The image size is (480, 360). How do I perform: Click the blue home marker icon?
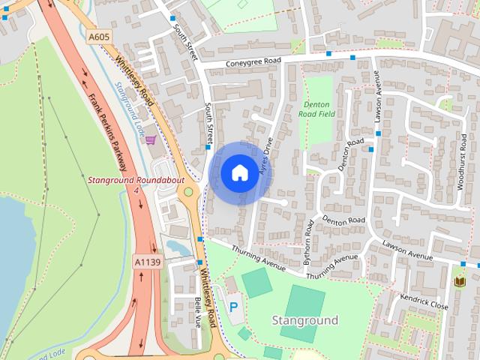point(239,173)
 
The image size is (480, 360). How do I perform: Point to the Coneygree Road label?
point(257,64)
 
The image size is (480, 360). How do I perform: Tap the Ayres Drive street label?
point(263,156)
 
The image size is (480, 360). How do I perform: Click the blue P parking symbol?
point(233,306)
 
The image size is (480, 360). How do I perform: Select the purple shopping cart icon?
point(151,139)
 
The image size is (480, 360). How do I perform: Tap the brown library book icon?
point(460,281)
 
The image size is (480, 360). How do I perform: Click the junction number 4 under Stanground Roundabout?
point(136,192)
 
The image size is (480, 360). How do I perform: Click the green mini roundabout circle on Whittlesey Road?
point(188,192)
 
